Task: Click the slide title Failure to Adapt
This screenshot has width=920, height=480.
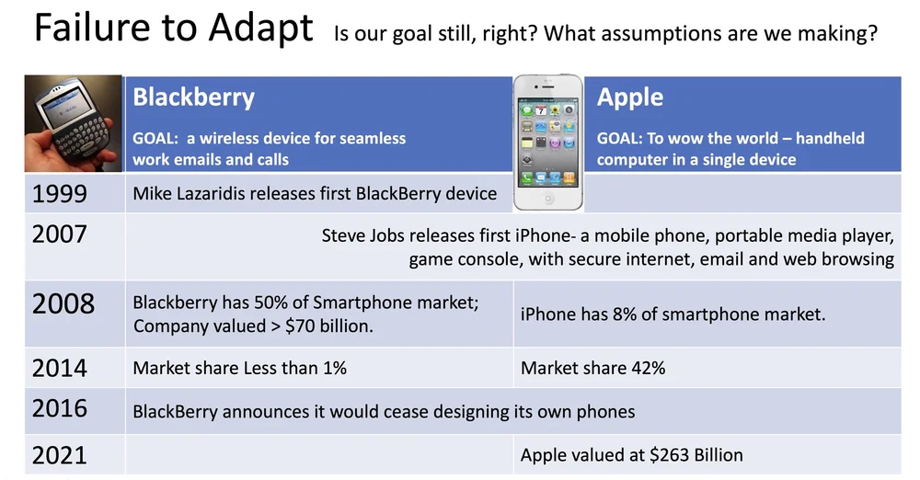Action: (174, 29)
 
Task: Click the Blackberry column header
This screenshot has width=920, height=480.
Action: (193, 97)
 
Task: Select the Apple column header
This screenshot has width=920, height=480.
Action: (629, 97)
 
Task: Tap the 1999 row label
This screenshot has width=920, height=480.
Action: (59, 194)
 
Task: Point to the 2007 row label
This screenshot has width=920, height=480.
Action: (59, 234)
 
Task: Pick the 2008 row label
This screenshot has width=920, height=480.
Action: (63, 304)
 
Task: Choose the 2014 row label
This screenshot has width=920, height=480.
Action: (59, 369)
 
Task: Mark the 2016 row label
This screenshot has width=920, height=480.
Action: (59, 409)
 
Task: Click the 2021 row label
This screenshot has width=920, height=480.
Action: (59, 456)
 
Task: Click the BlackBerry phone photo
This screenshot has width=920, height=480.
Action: (74, 123)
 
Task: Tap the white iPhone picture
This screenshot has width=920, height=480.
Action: (548, 142)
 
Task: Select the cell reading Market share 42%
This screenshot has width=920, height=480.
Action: (592, 368)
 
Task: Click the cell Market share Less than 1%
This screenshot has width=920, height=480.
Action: (239, 368)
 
